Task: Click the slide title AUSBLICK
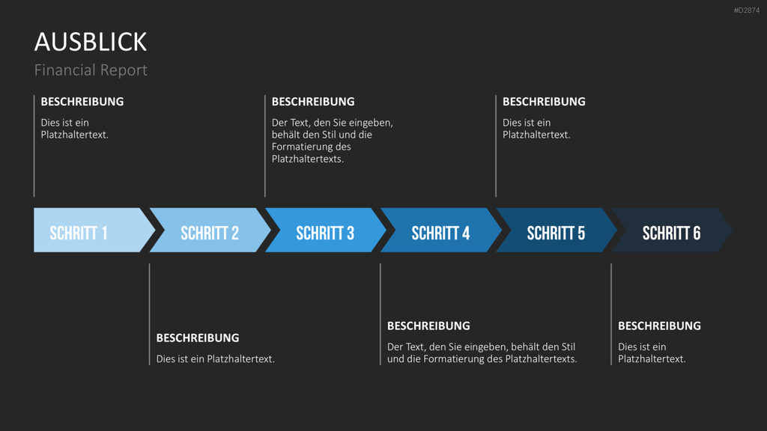[x=91, y=42]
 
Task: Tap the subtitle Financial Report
[x=91, y=70]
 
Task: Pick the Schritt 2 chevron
[x=210, y=230]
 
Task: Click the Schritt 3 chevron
[x=325, y=230]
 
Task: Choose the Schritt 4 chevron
[x=440, y=230]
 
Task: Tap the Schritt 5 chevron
[x=557, y=230]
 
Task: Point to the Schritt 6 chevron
[x=672, y=230]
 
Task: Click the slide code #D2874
[x=747, y=10]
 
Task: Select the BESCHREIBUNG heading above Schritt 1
[x=82, y=102]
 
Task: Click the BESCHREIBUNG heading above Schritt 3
[x=313, y=102]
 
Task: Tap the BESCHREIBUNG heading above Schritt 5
[x=544, y=102]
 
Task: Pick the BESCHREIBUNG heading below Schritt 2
[x=198, y=337]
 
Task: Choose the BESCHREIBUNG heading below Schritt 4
[x=428, y=326]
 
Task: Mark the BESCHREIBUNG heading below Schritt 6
[x=659, y=326]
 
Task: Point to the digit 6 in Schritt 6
[x=696, y=233]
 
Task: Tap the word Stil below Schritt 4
[x=568, y=347]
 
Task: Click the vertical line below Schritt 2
[x=149, y=314]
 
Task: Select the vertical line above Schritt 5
[x=496, y=146]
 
